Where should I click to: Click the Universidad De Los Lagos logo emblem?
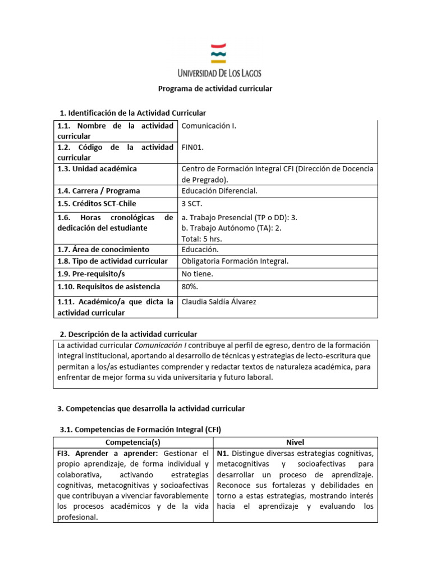click(x=218, y=53)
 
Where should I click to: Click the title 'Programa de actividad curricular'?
click(x=215, y=89)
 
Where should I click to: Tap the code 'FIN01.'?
click(x=193, y=148)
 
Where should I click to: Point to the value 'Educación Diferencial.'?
click(x=219, y=191)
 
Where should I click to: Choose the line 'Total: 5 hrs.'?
click(x=202, y=238)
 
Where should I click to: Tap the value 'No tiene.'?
click(x=198, y=274)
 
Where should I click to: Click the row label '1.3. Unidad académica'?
click(x=97, y=169)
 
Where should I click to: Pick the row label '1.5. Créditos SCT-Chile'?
click(x=97, y=204)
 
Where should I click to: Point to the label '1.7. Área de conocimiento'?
click(x=103, y=249)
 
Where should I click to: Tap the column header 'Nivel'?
click(x=296, y=442)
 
